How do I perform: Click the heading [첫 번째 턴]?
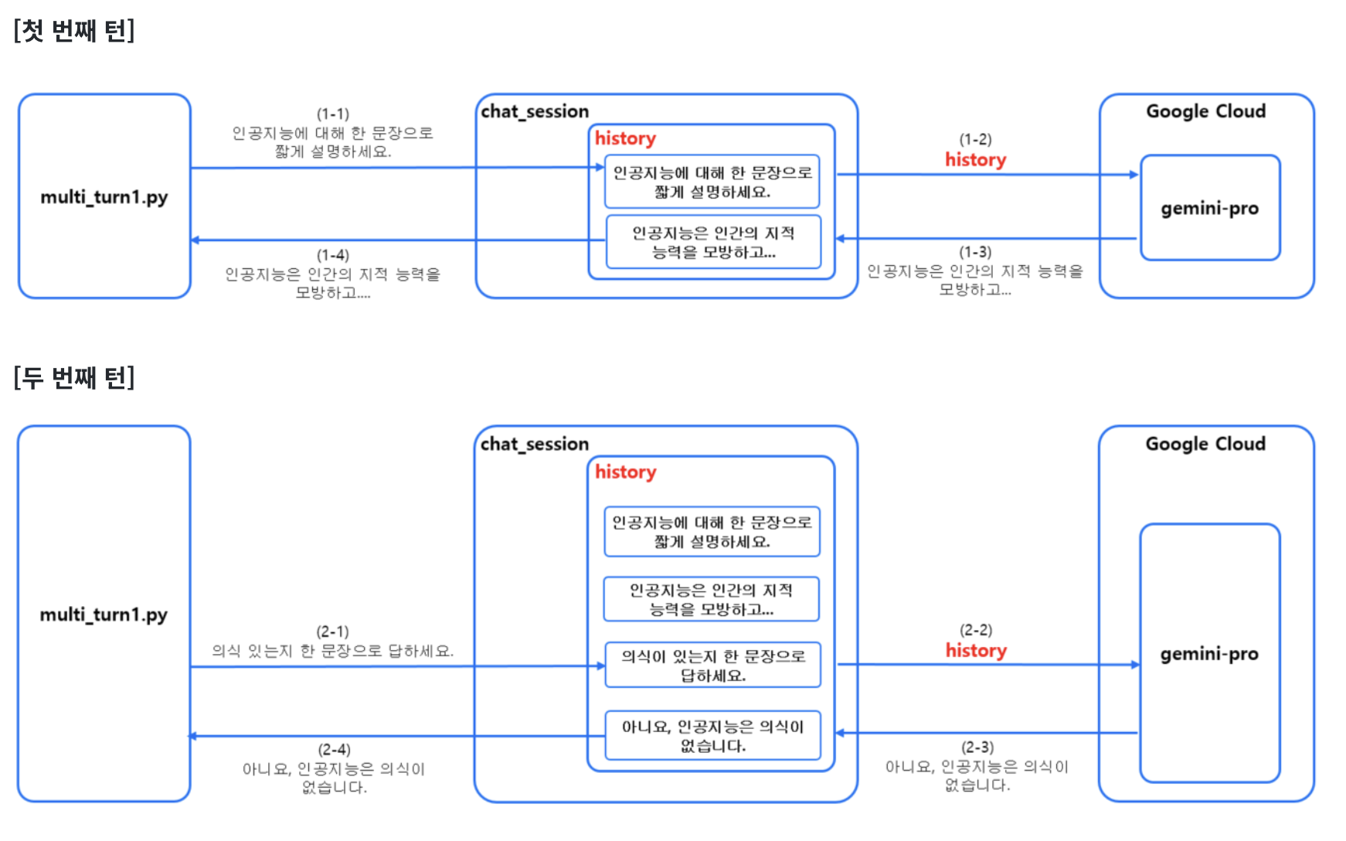coord(74,31)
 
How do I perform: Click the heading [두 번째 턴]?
coord(74,378)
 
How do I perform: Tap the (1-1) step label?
coord(333,114)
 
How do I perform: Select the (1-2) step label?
coord(975,139)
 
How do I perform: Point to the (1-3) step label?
coord(975,252)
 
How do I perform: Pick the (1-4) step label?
coord(333,255)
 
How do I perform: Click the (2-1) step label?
coord(333,632)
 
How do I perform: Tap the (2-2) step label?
coord(976,630)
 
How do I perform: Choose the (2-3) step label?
coord(977,747)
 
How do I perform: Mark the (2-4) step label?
coord(334,749)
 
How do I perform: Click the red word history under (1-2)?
coord(975,160)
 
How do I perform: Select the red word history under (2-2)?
coord(976,651)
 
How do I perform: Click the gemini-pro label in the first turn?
coord(1209,209)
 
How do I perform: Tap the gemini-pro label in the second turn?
coord(1209,654)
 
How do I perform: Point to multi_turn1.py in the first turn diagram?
coord(104,197)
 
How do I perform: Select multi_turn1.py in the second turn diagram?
coord(104,615)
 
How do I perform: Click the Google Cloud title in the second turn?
coord(1205,444)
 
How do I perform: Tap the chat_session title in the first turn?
coord(535,111)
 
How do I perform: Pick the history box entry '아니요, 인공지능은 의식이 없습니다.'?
coord(712,736)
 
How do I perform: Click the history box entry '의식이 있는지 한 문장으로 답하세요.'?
coord(712,666)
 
